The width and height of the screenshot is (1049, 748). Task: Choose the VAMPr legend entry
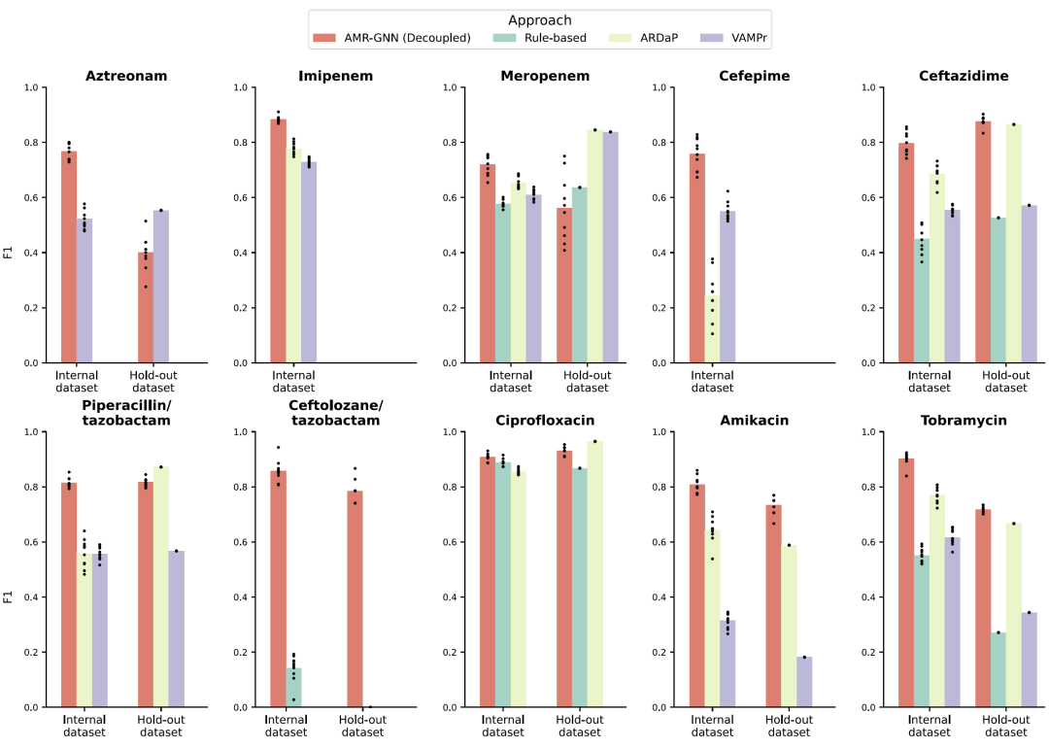(725, 38)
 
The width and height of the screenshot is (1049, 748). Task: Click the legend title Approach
(540, 19)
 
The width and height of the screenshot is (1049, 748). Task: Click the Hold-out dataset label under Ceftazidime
(1004, 381)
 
